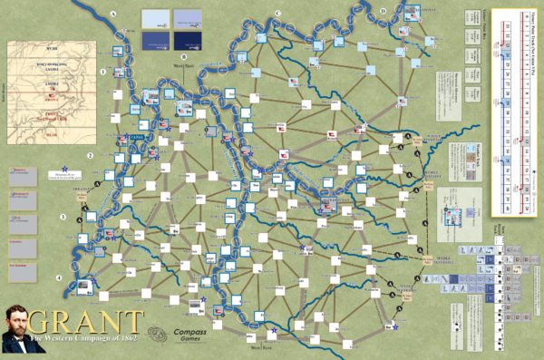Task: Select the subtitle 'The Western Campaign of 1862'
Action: click(85, 340)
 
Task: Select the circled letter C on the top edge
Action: click(277, 13)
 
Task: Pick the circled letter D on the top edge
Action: click(384, 11)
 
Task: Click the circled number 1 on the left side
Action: click(103, 72)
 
